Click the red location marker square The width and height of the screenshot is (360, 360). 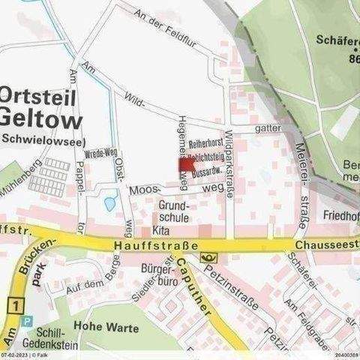coord(187,165)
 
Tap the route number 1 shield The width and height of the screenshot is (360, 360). coord(13,304)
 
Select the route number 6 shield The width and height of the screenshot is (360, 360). coord(207,258)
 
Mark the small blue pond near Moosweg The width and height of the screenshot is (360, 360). coord(110,203)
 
